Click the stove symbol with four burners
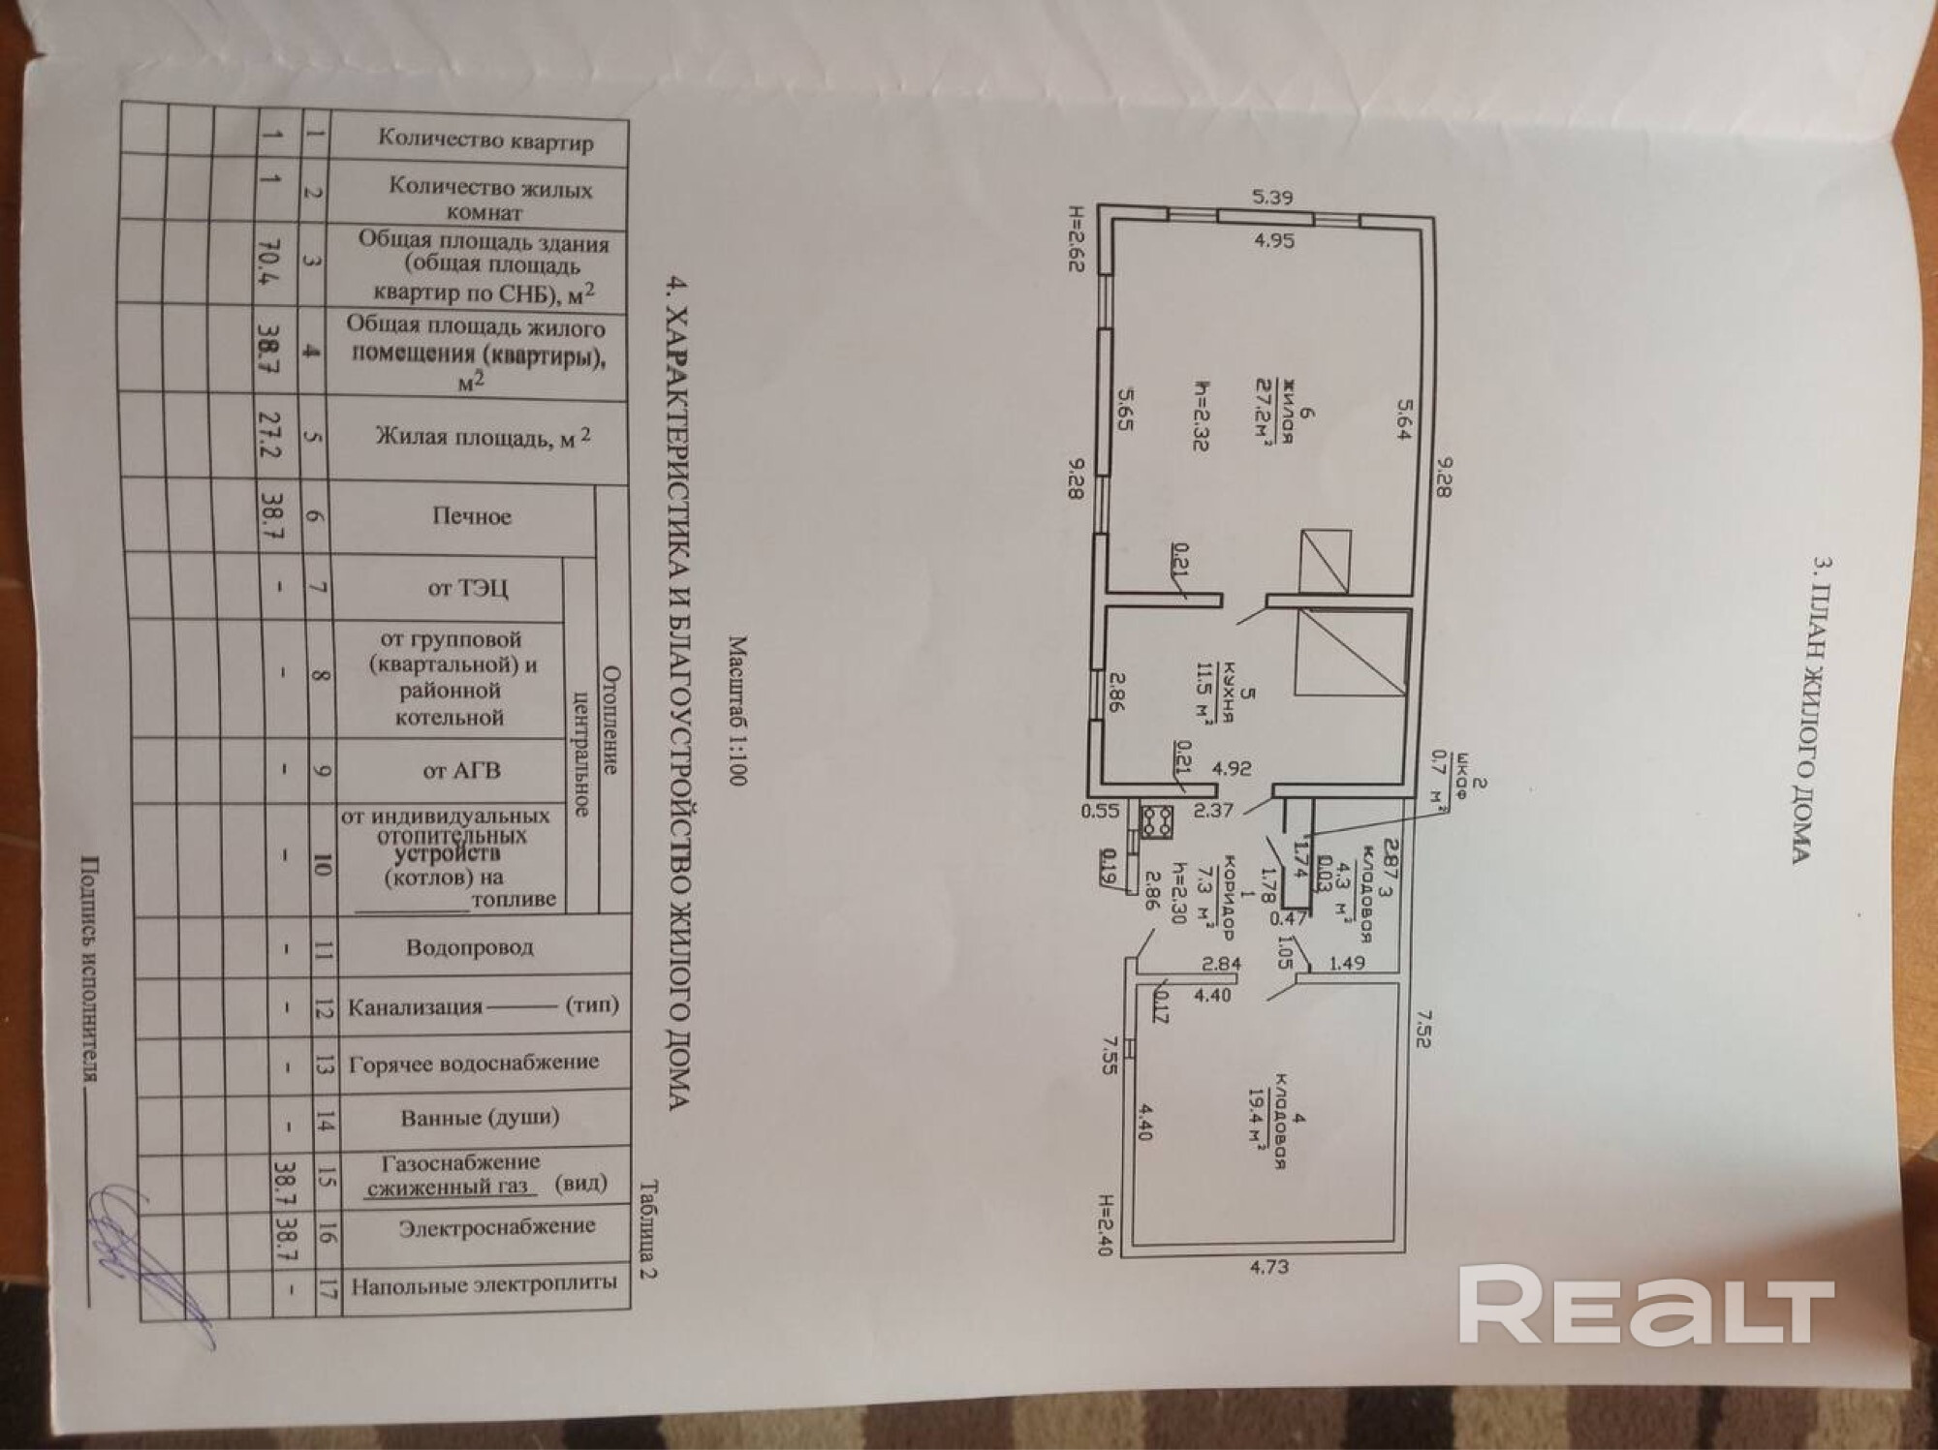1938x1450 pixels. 1156,822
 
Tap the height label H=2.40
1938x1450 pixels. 1104,1224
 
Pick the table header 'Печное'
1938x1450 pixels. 471,516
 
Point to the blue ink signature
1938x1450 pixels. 145,1249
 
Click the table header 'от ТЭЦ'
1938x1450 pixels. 468,588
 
